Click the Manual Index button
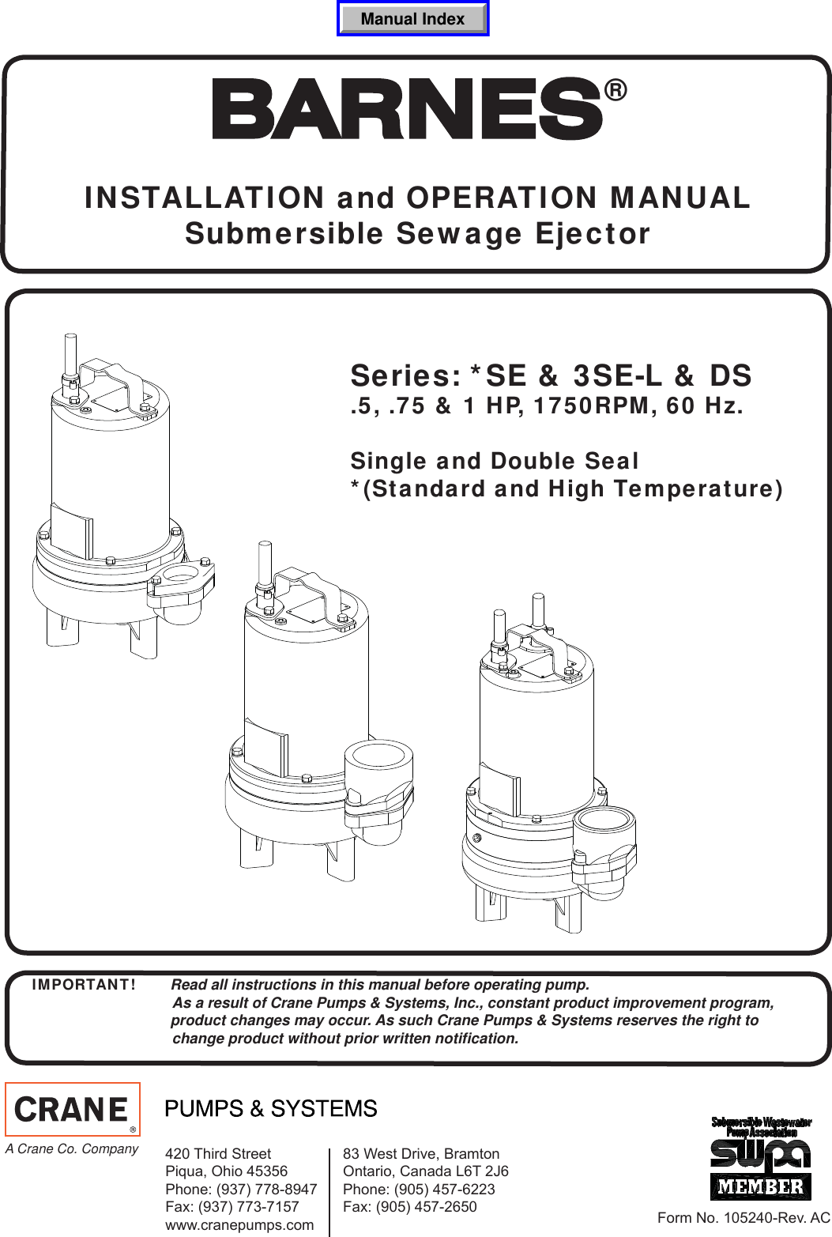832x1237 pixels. coord(412,19)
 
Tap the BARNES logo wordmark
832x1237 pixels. coord(408,108)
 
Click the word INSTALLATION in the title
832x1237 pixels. coord(205,198)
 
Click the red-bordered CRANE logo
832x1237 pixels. coord(73,1109)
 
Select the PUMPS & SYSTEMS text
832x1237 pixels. coord(271,1109)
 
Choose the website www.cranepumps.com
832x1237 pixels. coord(239,1225)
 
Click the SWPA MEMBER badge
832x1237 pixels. coord(761,1159)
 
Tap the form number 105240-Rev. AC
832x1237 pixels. coord(744,1218)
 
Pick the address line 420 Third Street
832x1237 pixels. coord(218,1154)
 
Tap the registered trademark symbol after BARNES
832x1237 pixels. coord(616,91)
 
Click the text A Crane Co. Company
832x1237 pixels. coord(72,1148)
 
